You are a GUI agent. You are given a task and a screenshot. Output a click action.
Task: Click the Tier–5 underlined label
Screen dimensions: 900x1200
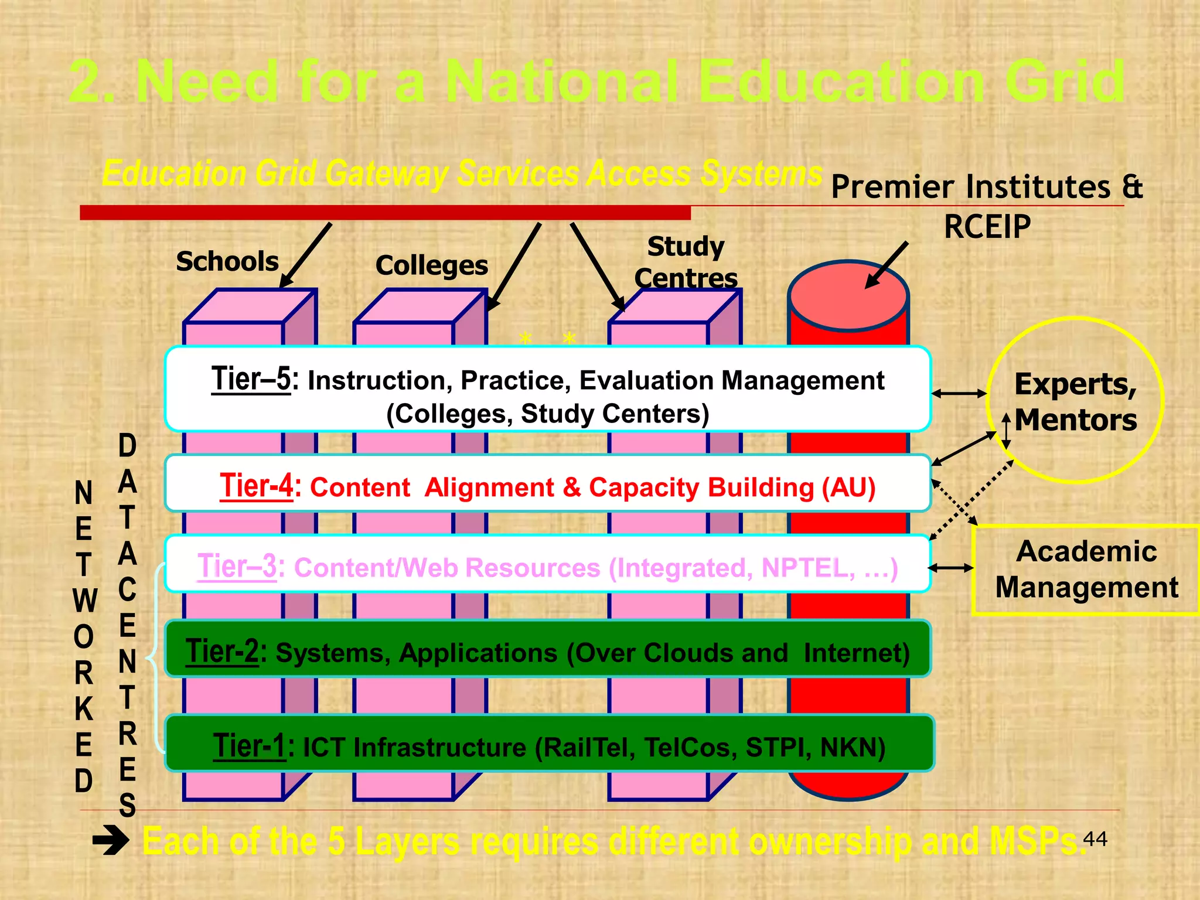(251, 379)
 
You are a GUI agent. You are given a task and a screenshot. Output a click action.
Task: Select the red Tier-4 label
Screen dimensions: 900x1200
(256, 486)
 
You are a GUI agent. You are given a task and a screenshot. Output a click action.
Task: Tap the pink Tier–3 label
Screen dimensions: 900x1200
(237, 567)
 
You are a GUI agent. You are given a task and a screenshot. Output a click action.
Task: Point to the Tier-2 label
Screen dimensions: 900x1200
(222, 652)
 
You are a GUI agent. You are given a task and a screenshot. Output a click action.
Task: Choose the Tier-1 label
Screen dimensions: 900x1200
(249, 746)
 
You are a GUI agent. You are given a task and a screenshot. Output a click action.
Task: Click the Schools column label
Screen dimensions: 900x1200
(227, 261)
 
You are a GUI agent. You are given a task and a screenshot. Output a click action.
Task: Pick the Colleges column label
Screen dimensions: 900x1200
(432, 266)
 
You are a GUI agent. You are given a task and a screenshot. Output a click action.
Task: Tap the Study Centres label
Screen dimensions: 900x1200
(686, 262)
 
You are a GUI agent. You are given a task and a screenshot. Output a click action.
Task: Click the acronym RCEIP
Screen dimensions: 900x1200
(987, 227)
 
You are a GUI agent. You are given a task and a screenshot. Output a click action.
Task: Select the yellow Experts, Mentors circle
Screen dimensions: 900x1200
(1075, 401)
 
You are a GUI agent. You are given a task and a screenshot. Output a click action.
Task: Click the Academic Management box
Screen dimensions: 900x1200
(1086, 570)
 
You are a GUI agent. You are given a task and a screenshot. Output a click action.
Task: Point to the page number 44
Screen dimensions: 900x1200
(1095, 839)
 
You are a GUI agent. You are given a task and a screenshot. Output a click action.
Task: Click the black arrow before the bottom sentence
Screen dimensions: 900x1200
(111, 841)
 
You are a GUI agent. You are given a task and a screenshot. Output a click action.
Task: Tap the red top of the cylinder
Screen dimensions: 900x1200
(848, 296)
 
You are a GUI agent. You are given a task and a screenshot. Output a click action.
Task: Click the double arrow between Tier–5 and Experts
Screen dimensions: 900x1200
(959, 394)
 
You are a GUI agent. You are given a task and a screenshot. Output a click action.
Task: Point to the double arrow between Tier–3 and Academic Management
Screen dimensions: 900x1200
(951, 567)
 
